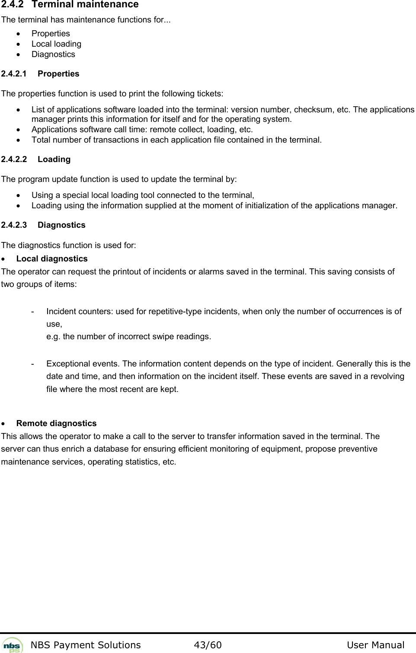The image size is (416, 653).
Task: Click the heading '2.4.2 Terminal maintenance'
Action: click(70, 5)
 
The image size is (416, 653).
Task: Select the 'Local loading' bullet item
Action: click(56, 44)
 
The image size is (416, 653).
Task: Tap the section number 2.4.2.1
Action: click(14, 74)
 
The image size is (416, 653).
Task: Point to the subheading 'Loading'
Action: click(54, 159)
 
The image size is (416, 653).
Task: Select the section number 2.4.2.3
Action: click(14, 225)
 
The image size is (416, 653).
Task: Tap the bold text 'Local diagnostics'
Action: click(52, 259)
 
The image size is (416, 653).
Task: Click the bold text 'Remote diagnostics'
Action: click(56, 424)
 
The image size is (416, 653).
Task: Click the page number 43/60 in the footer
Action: click(208, 645)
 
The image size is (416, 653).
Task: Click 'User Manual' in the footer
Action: click(375, 645)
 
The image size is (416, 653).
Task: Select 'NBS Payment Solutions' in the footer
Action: click(86, 645)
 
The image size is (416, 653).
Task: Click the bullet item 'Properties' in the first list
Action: click(51, 34)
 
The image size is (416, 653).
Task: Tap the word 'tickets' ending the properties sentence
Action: click(210, 94)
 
